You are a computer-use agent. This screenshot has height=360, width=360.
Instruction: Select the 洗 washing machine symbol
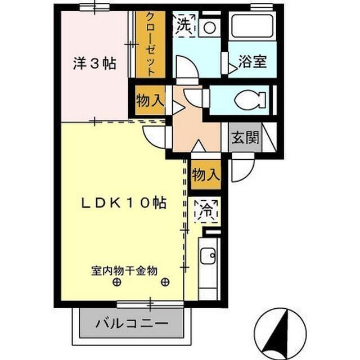click(x=184, y=24)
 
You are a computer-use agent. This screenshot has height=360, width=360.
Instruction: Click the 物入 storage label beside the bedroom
click(x=150, y=101)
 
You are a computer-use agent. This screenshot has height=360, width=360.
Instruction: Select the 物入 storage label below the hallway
click(x=205, y=174)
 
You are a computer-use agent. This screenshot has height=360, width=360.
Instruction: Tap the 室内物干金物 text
click(x=124, y=271)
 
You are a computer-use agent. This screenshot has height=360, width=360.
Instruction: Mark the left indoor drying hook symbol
click(x=115, y=283)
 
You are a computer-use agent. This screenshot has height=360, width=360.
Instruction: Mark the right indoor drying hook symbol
click(x=165, y=283)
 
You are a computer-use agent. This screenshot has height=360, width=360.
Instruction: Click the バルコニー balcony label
click(x=132, y=324)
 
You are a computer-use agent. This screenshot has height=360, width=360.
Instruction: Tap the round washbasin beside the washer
click(x=210, y=26)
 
